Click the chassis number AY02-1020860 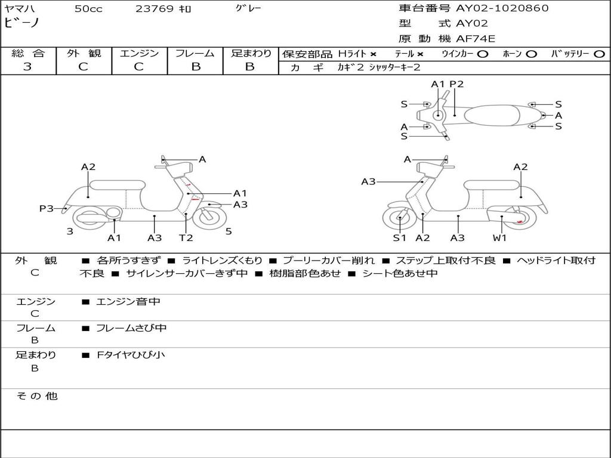point(502,8)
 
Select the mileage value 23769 point(155,9)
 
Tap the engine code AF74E point(476,39)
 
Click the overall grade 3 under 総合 point(27,67)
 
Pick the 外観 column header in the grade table point(84,54)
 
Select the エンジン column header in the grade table point(139,54)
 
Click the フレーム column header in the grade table point(195,54)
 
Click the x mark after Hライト point(373,54)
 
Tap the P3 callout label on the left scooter point(47,209)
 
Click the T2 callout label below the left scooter point(186,238)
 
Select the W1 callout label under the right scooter point(499,238)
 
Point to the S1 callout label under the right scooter point(399,238)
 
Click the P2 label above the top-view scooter point(456,84)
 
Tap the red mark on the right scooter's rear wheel point(520,222)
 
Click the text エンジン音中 point(128,302)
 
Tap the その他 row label point(36,396)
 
